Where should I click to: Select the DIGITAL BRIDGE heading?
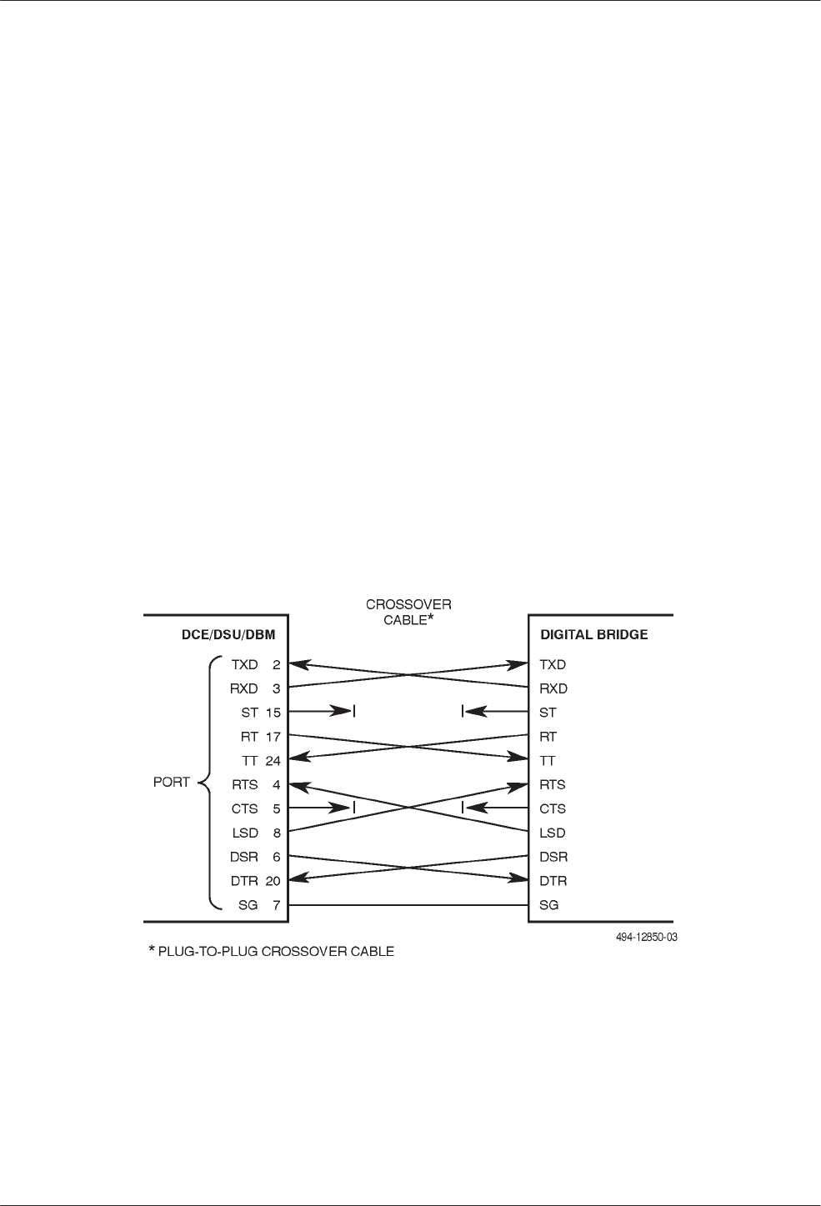593,635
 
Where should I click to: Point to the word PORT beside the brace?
172,783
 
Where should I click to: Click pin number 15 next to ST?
273,713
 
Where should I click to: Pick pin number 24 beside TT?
273,761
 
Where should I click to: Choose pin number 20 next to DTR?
273,881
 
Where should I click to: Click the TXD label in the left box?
245,665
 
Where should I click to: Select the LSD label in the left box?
244,833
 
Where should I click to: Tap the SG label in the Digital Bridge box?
549,905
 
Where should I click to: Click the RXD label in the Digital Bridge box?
553,689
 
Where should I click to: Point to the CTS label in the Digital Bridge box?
553,808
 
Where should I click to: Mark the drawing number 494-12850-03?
641,937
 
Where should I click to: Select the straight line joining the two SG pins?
408,905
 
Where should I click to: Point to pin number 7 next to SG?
276,905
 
